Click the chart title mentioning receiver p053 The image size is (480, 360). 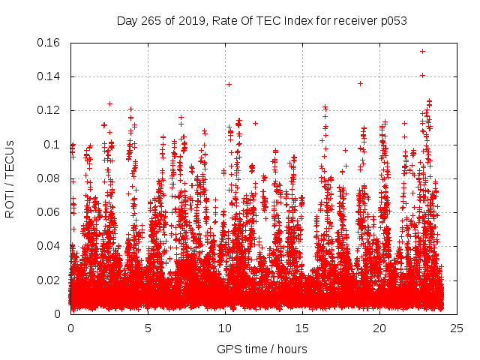pos(262,21)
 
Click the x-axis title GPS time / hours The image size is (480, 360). pos(262,349)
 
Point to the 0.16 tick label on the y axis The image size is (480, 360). pos(50,43)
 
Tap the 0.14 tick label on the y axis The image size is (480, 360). pos(50,76)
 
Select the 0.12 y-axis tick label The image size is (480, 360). pos(50,110)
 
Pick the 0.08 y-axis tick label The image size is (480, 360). pos(50,178)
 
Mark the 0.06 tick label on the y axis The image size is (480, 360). pos(50,212)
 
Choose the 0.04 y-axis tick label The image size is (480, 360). pos(50,246)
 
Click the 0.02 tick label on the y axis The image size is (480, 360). pos(50,280)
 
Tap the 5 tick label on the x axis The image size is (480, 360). pos(148,328)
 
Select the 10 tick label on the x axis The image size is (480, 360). pos(225,328)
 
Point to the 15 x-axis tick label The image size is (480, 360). pos(302,328)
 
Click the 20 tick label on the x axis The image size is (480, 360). pos(379,328)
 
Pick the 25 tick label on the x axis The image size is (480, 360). pos(457,328)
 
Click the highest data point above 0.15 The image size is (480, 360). pos(422,51)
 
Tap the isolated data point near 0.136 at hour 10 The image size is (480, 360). pos(229,84)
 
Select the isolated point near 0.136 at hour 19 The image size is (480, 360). pos(360,83)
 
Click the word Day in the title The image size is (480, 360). pos(127,21)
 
